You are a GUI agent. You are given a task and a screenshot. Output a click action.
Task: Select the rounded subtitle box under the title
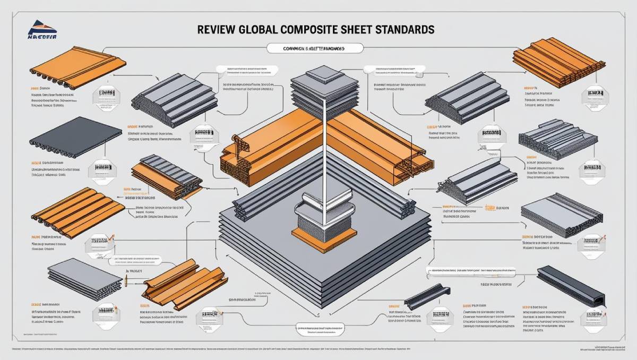coord(313,48)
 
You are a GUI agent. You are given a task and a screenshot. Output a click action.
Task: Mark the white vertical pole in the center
coord(322,159)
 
